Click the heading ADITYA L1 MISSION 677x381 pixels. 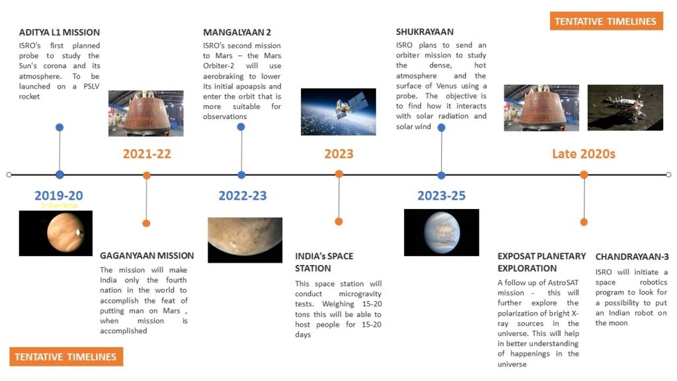(59, 32)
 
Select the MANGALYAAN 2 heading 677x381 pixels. (237, 32)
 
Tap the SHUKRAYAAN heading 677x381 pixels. (425, 32)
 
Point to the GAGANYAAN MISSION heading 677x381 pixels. (147, 256)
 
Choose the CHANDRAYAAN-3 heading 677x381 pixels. (632, 257)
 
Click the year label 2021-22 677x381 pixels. (147, 153)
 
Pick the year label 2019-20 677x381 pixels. (59, 196)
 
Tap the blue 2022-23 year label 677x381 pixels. (243, 196)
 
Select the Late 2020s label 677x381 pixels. (584, 153)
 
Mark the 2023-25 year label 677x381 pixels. (441, 196)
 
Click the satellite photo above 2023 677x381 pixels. (338, 112)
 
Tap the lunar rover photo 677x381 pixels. (625, 108)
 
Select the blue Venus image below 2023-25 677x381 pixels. (441, 232)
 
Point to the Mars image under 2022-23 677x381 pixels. (245, 240)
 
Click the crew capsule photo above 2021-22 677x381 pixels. (146, 113)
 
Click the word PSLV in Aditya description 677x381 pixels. (91, 87)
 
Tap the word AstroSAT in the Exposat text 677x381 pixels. (560, 282)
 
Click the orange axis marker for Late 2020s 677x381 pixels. (584, 175)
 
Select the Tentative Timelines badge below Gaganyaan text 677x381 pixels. (66, 357)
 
